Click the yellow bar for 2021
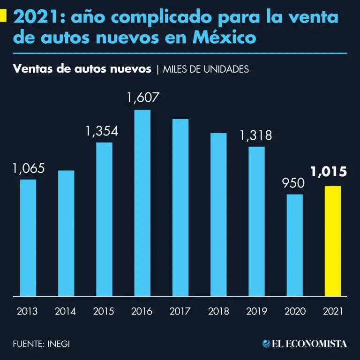pyautogui.click(x=332, y=241)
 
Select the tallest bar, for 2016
pyautogui.click(x=142, y=203)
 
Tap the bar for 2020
pyautogui.click(x=295, y=245)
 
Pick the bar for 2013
pyautogui.click(x=28, y=238)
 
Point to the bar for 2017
pyautogui.click(x=180, y=208)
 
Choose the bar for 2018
pyautogui.click(x=218, y=215)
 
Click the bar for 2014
pyautogui.click(x=66, y=233)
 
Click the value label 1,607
pyautogui.click(x=143, y=98)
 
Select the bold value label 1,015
pyautogui.click(x=329, y=172)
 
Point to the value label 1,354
pyautogui.click(x=102, y=131)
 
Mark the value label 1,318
pyautogui.click(x=255, y=136)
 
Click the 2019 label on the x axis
pyautogui.click(x=256, y=311)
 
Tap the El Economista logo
pyautogui.click(x=305, y=344)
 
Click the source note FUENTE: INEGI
pyautogui.click(x=41, y=344)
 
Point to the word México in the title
pyautogui.click(x=225, y=37)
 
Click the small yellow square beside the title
pyautogui.click(x=3, y=17)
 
